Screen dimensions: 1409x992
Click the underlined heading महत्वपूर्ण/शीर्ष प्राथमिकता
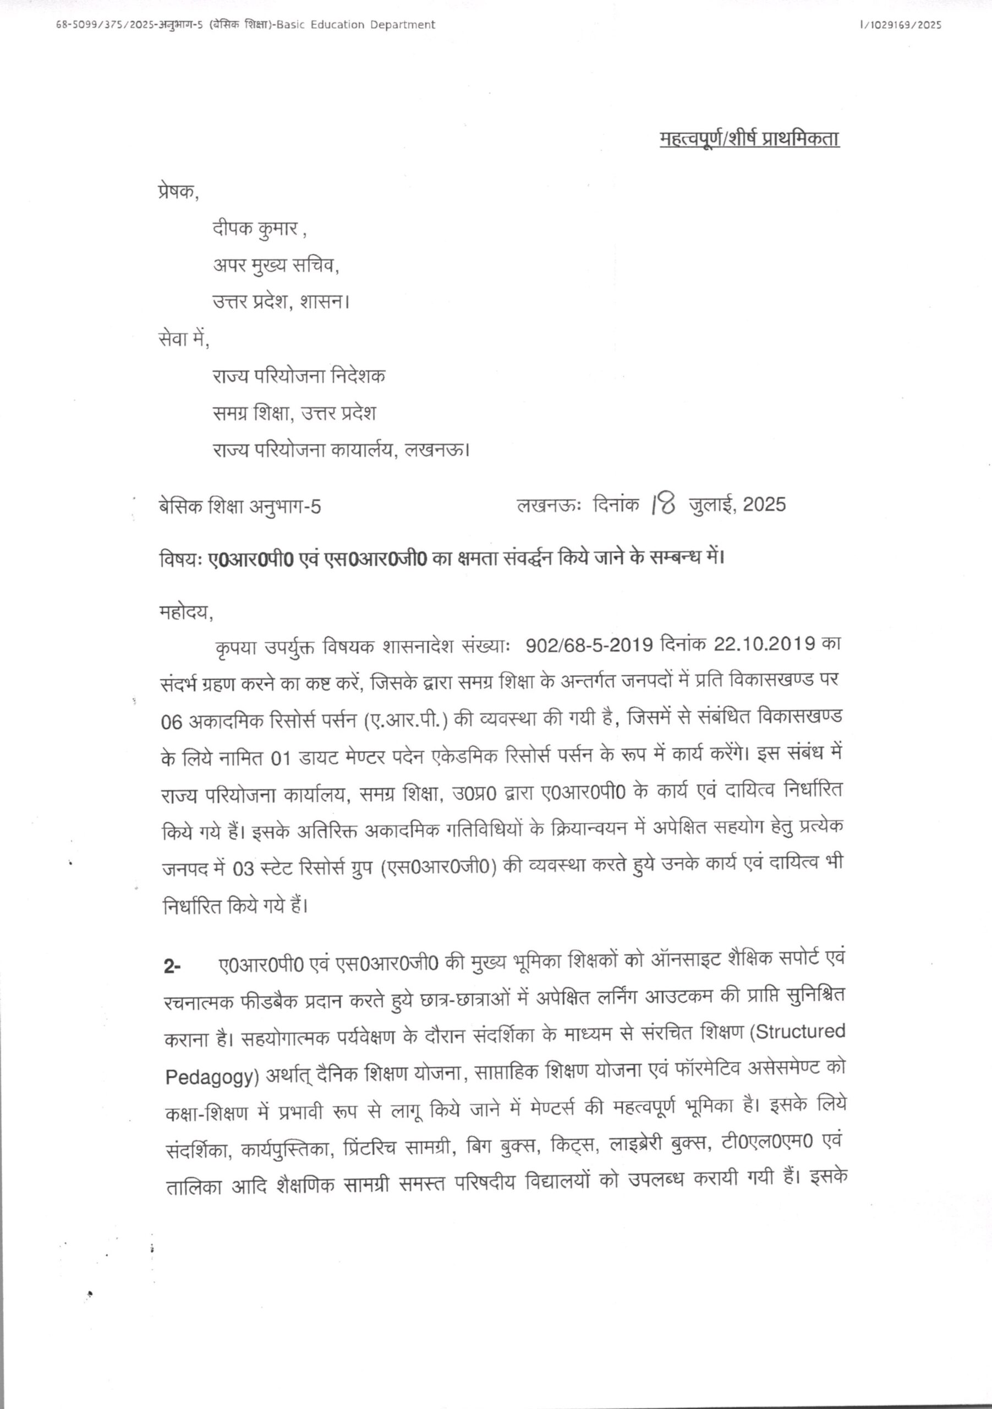point(749,139)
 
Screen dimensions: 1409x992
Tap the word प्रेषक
point(177,192)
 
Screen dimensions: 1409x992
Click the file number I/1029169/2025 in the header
point(901,25)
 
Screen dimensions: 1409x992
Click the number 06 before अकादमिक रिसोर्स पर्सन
point(172,722)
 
